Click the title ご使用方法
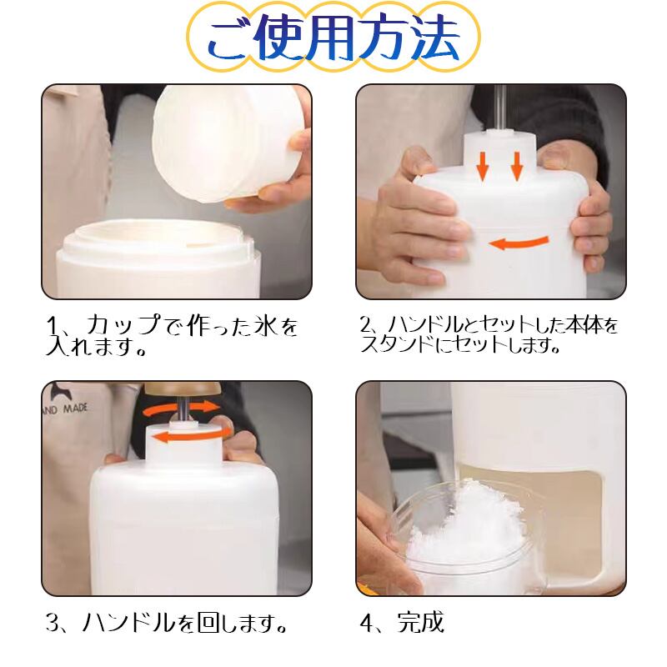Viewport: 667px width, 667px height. pyautogui.click(x=334, y=38)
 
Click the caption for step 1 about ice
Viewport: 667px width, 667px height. pyautogui.click(x=172, y=336)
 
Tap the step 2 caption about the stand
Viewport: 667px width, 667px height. pyautogui.click(x=489, y=335)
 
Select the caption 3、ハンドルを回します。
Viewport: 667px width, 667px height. pyautogui.click(x=166, y=623)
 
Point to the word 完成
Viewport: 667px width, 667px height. pyautogui.click(x=421, y=622)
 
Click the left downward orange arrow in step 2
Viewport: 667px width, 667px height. pyautogui.click(x=483, y=165)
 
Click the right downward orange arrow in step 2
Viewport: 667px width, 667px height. pyautogui.click(x=516, y=165)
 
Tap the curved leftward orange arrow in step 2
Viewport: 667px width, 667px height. pyautogui.click(x=519, y=243)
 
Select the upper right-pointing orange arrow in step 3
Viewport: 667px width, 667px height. pyautogui.click(x=182, y=409)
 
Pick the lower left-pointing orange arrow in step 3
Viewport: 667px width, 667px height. pyautogui.click(x=192, y=435)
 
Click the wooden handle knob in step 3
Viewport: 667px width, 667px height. pyautogui.click(x=183, y=388)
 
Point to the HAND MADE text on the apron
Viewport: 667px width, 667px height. pyautogui.click(x=65, y=409)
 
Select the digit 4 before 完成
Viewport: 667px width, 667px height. pyautogui.click(x=367, y=624)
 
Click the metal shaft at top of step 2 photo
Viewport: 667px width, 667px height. pyautogui.click(x=499, y=107)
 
